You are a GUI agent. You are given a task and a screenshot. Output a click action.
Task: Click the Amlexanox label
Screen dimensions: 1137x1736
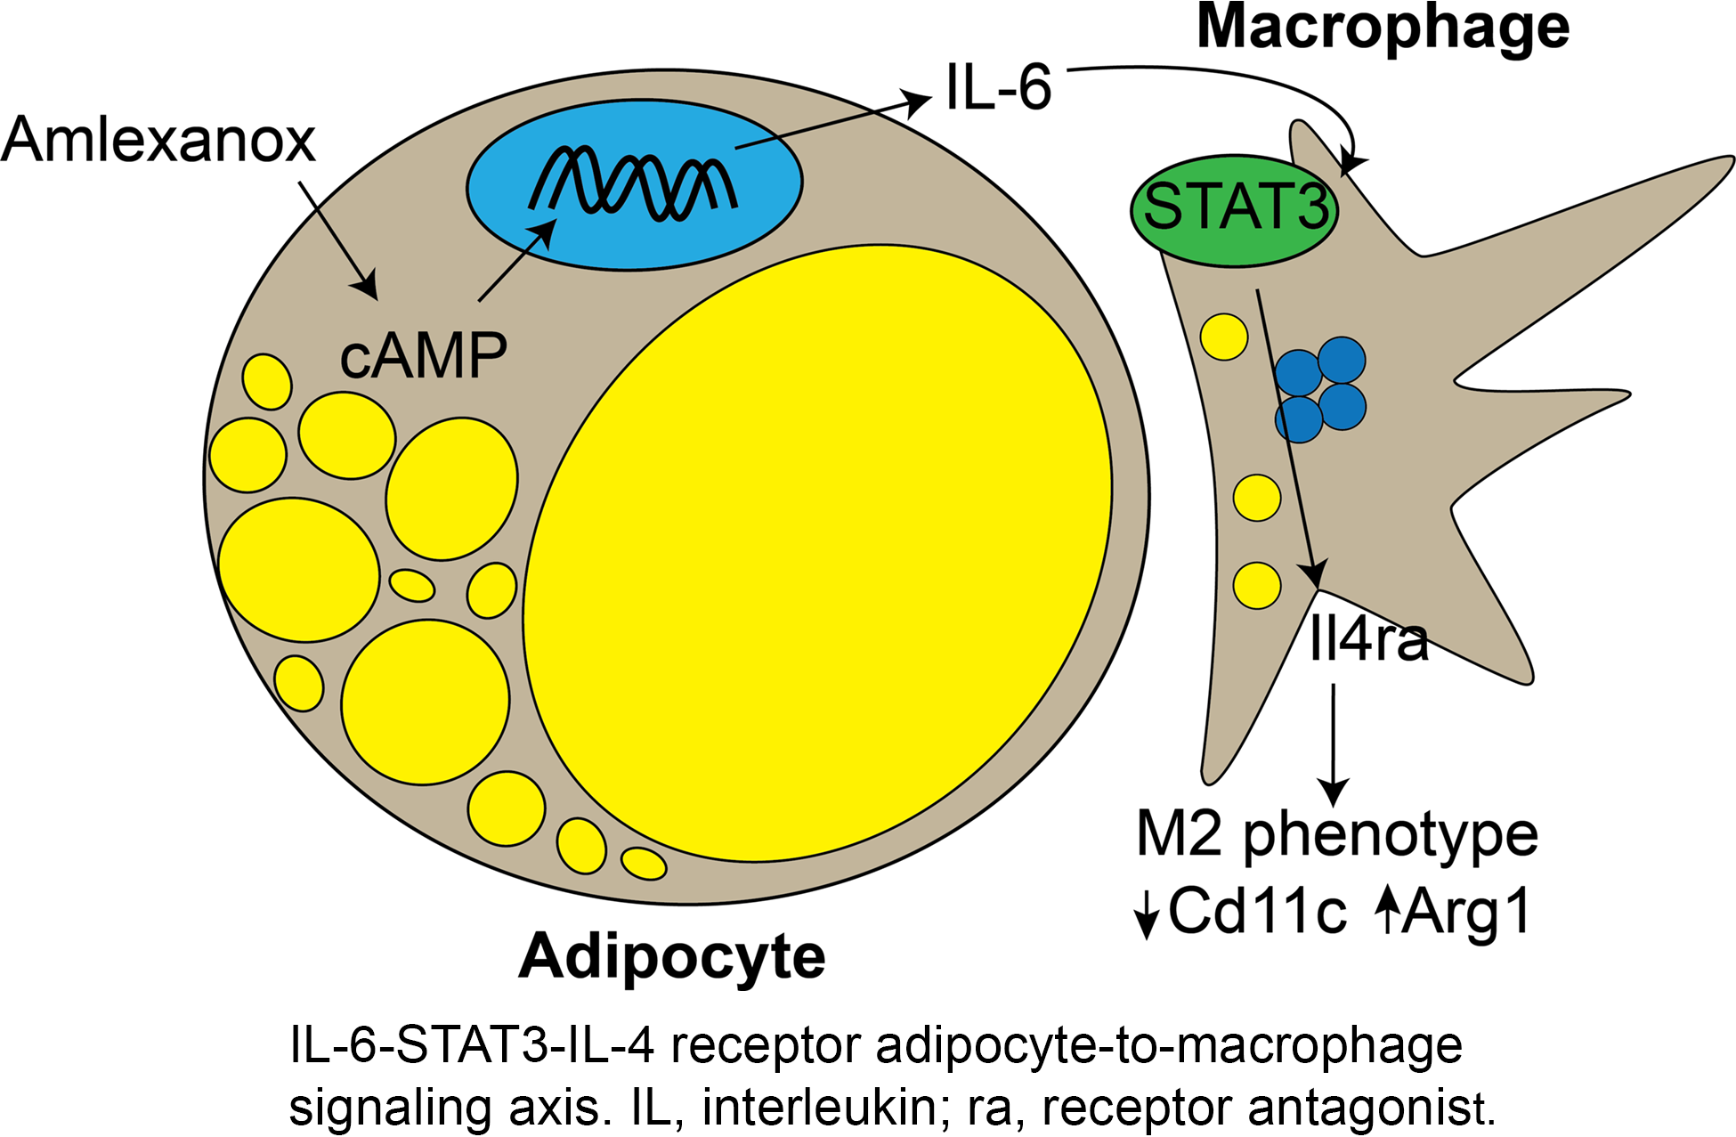click(158, 141)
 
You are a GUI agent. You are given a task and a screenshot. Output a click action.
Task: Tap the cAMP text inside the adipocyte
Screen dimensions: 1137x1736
click(423, 356)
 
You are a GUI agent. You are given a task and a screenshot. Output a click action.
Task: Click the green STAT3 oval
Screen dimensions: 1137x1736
click(1235, 211)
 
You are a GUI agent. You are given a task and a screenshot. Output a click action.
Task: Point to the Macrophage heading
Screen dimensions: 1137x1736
click(1383, 28)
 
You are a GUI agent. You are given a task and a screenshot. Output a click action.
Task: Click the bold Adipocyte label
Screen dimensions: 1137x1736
click(672, 956)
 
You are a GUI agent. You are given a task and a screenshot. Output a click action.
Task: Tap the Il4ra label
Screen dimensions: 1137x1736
click(1368, 639)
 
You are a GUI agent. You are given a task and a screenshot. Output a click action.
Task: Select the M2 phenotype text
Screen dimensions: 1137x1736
click(1337, 835)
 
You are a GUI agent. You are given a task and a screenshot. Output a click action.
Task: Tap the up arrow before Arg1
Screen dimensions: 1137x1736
click(1387, 908)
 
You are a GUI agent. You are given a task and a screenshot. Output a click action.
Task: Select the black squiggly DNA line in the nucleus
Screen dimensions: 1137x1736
click(634, 183)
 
